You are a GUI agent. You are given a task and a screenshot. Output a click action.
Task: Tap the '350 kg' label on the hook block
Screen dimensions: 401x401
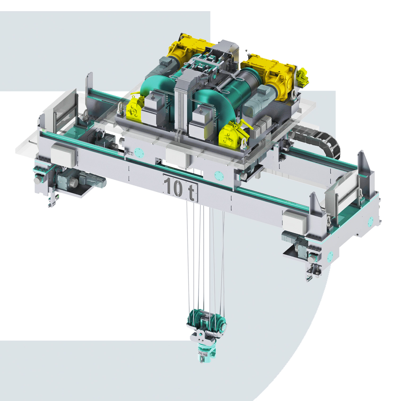[x=203, y=353]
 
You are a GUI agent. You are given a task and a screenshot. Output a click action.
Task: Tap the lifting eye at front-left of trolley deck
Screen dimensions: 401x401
[x=121, y=109]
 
